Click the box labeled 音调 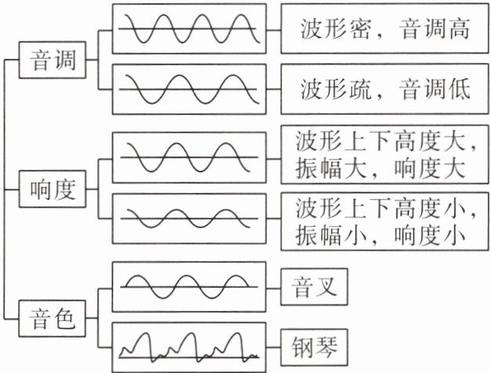pos(52,60)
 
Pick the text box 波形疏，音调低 pos(384,88)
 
